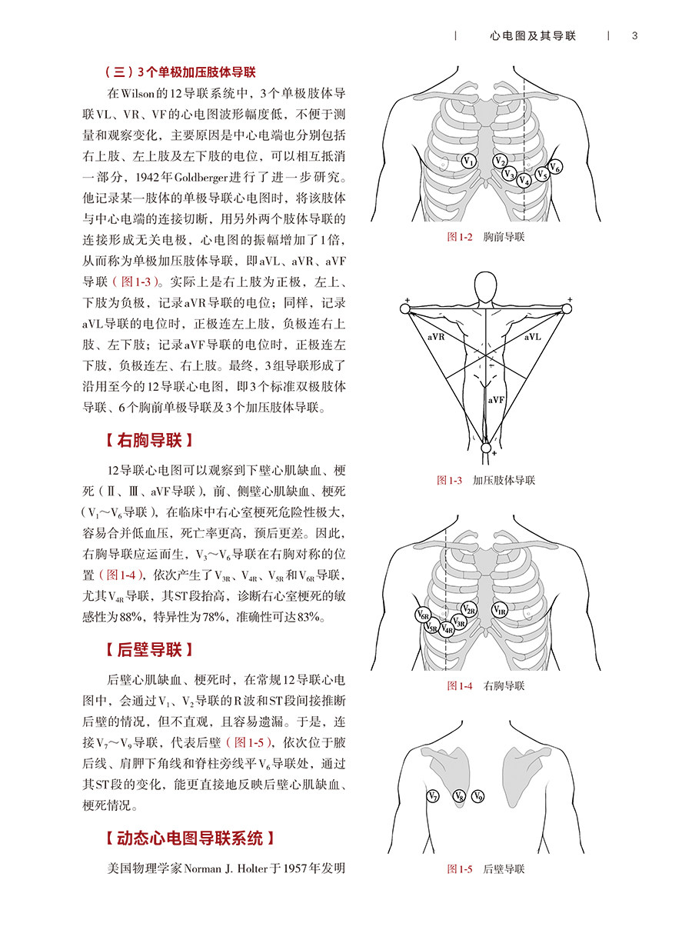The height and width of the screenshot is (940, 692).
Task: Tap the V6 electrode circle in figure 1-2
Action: (x=555, y=167)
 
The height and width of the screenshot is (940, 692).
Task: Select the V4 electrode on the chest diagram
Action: (x=524, y=181)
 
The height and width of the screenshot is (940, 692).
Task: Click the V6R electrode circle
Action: (x=423, y=615)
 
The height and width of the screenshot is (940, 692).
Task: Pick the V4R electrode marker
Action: (x=447, y=629)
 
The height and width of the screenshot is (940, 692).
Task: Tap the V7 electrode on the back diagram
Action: (x=434, y=796)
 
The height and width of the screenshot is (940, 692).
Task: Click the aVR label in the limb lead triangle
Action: (x=436, y=337)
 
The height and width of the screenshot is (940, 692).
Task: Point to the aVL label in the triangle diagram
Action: (x=532, y=337)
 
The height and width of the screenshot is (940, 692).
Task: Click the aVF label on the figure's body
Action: (x=496, y=401)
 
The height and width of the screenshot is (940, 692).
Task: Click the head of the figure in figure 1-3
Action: (x=486, y=285)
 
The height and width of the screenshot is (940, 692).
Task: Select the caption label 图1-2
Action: (x=460, y=238)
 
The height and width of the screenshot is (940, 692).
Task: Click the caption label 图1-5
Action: (x=460, y=870)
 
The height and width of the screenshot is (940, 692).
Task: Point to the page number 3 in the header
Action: (x=634, y=36)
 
